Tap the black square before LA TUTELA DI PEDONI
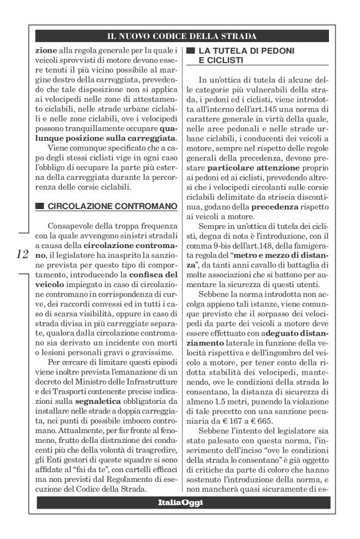[191, 49]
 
